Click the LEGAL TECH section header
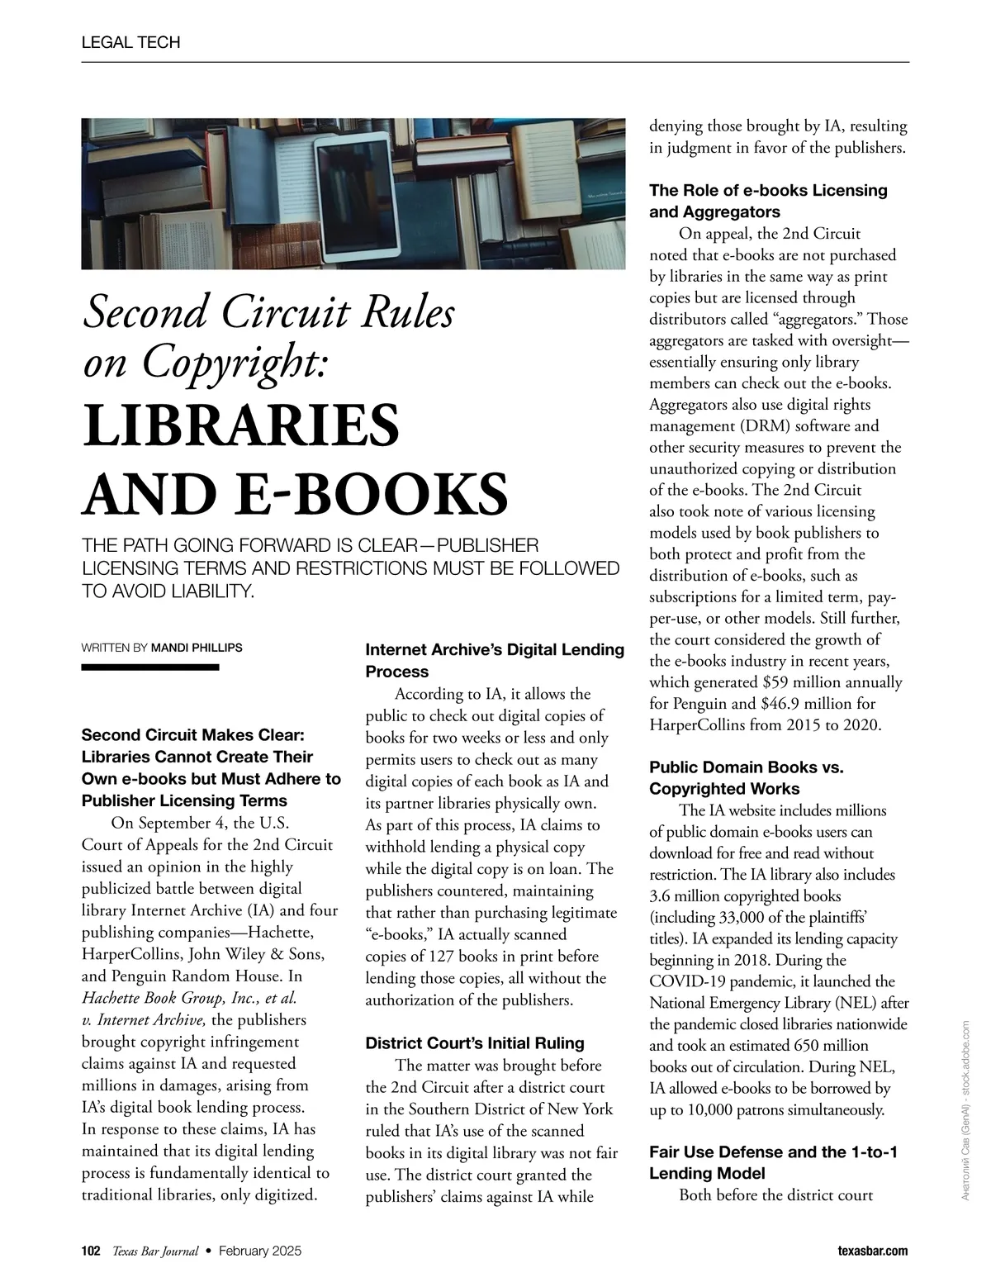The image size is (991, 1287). pyautogui.click(x=130, y=42)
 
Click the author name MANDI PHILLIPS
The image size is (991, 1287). pyautogui.click(x=197, y=648)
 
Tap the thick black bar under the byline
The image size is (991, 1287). pyautogui.click(x=149, y=667)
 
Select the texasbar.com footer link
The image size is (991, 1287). pyautogui.click(x=870, y=1251)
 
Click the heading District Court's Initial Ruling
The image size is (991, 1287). pyautogui.click(x=475, y=1043)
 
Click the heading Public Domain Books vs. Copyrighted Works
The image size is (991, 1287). pyautogui.click(x=747, y=777)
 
